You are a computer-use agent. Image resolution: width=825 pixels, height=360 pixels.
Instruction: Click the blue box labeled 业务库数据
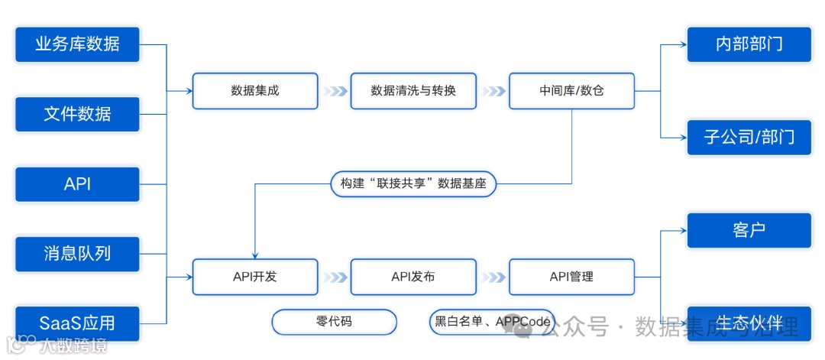pos(77,44)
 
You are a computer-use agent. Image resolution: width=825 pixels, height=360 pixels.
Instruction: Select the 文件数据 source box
pos(77,114)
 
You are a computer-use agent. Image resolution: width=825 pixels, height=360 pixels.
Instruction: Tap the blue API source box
pos(77,184)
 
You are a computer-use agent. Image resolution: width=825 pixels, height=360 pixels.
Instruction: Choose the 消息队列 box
pos(77,254)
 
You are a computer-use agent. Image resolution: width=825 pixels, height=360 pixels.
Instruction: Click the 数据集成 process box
pos(255,91)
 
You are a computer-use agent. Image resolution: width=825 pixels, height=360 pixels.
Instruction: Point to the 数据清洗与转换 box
pos(413,91)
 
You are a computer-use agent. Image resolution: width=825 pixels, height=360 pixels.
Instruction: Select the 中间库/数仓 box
pos(571,91)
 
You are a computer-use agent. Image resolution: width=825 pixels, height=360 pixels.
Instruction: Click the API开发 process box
pos(255,277)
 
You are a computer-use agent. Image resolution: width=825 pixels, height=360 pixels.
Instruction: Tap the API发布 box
pos(413,277)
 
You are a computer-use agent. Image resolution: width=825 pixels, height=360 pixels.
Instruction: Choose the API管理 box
pos(571,277)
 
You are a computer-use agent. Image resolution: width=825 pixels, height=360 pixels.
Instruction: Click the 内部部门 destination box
pos(749,44)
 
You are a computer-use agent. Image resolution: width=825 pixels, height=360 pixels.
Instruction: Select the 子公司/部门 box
pos(749,138)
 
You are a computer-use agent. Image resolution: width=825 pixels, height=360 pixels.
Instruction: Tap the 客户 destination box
pos(749,230)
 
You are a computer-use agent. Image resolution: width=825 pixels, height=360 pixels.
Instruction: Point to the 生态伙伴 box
pos(749,323)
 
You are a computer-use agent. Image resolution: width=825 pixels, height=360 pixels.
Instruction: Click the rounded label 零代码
pos(335,322)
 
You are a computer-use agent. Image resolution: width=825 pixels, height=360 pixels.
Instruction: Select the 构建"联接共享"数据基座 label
pos(414,184)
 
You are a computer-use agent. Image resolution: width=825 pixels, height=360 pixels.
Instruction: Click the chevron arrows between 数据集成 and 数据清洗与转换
pos(334,91)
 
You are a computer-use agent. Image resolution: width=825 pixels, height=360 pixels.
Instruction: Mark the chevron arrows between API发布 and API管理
pos(493,277)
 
